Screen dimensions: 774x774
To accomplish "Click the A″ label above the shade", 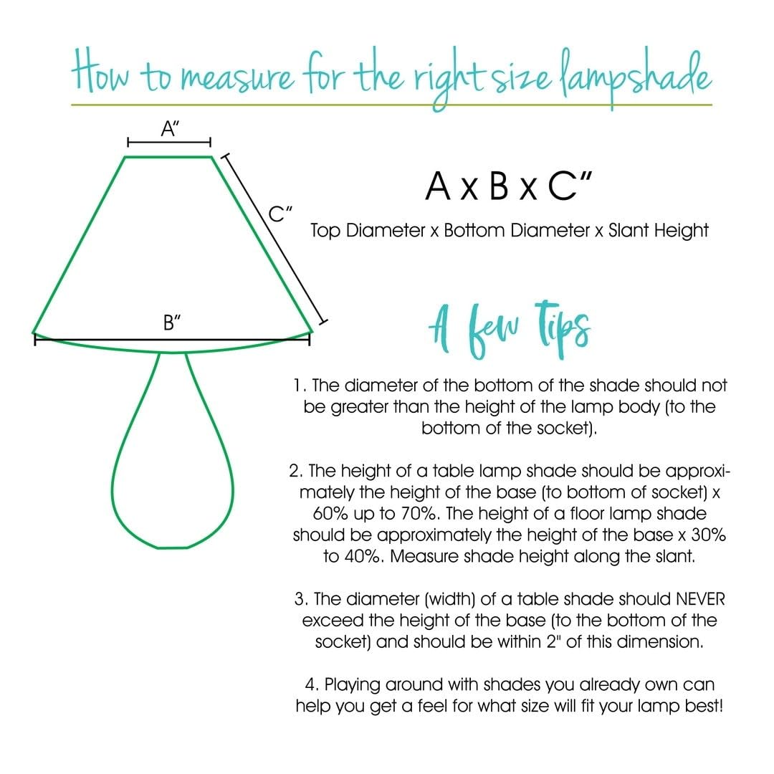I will (x=170, y=129).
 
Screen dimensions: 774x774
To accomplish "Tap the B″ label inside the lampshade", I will (x=171, y=322).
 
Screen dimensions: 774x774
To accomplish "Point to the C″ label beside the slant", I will (x=280, y=213).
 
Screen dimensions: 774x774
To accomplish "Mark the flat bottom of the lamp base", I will (x=172, y=548).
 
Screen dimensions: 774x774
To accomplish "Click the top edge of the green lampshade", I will (x=169, y=156).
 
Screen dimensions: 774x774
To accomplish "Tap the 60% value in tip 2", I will (x=331, y=514).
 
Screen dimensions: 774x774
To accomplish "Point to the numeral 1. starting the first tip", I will (x=300, y=386).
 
